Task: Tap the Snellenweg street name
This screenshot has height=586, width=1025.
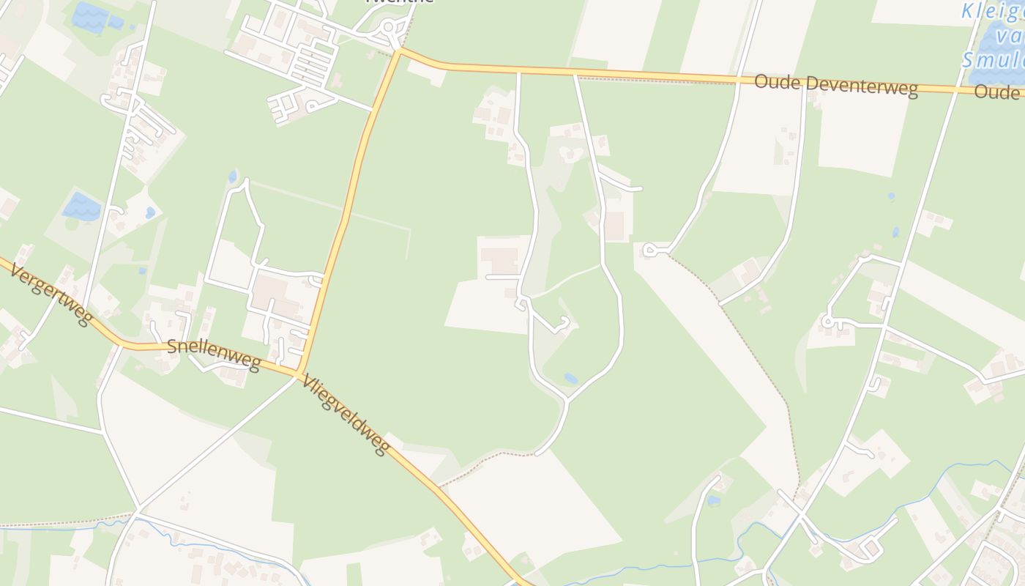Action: tap(213, 355)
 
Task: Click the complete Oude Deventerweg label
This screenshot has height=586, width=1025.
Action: tap(835, 85)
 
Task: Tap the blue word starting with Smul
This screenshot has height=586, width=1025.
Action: tap(992, 60)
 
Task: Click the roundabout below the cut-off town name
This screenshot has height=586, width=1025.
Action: tap(388, 29)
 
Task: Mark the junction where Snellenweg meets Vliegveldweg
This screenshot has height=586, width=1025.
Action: tap(299, 374)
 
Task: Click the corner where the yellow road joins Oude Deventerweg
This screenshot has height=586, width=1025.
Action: tap(400, 51)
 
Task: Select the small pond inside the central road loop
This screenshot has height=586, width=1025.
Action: tap(570, 379)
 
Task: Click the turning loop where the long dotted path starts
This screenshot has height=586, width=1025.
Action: tap(649, 251)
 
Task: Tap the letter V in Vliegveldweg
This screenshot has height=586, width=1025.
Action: tap(307, 382)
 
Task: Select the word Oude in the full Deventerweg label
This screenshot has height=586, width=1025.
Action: tap(776, 81)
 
